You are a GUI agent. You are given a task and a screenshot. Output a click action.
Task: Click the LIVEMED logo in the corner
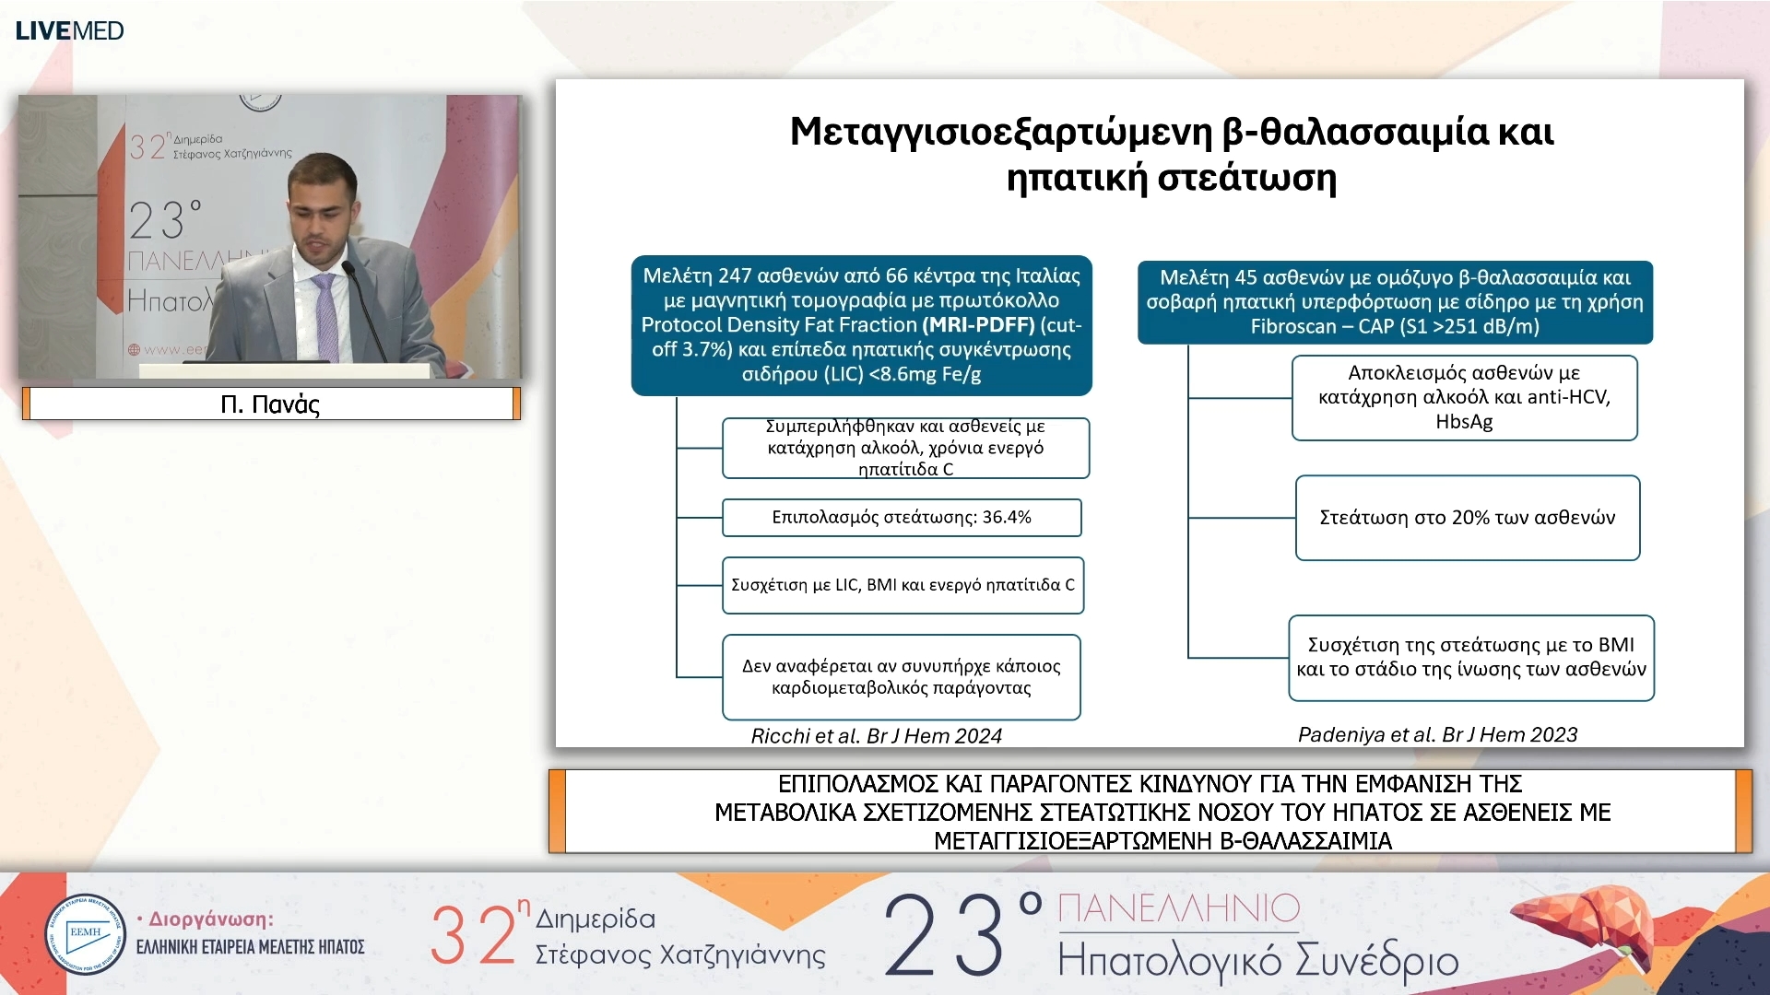(69, 30)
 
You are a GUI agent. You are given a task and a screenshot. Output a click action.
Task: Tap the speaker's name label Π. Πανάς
(270, 404)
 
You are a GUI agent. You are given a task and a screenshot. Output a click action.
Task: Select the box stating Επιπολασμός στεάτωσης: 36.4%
(901, 518)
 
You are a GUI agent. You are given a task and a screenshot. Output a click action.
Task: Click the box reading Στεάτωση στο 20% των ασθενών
(1467, 518)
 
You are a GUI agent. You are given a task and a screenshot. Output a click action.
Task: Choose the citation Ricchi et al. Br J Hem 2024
(876, 736)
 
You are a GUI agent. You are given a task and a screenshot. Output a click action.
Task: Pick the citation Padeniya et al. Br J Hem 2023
(1437, 734)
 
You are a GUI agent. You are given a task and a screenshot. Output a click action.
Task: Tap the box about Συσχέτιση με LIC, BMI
(903, 585)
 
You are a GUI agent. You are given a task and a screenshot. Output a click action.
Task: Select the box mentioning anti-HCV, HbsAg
(1464, 397)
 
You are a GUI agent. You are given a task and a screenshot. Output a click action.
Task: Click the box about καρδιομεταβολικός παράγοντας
(901, 677)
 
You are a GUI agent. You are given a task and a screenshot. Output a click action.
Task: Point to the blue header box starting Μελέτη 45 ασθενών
(1394, 301)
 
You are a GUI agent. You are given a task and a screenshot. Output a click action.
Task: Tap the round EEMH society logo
(85, 934)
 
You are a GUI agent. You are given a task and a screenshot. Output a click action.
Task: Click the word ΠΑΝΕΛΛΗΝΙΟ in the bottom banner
(1178, 908)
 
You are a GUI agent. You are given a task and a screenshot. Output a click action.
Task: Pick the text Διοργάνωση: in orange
(211, 919)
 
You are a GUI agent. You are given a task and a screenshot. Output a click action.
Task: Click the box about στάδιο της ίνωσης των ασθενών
(1470, 658)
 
